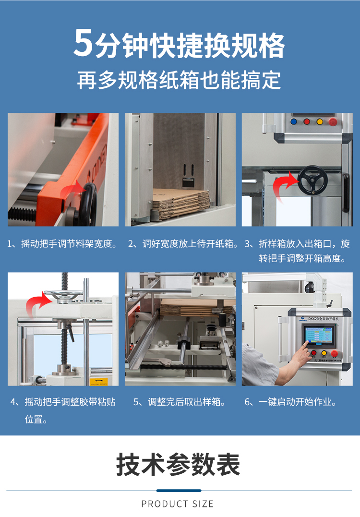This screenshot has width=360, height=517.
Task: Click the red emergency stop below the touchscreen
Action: [x=334, y=354]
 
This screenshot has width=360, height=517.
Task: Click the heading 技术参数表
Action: [x=178, y=464]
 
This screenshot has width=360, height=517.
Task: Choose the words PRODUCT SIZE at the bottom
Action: [x=178, y=504]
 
